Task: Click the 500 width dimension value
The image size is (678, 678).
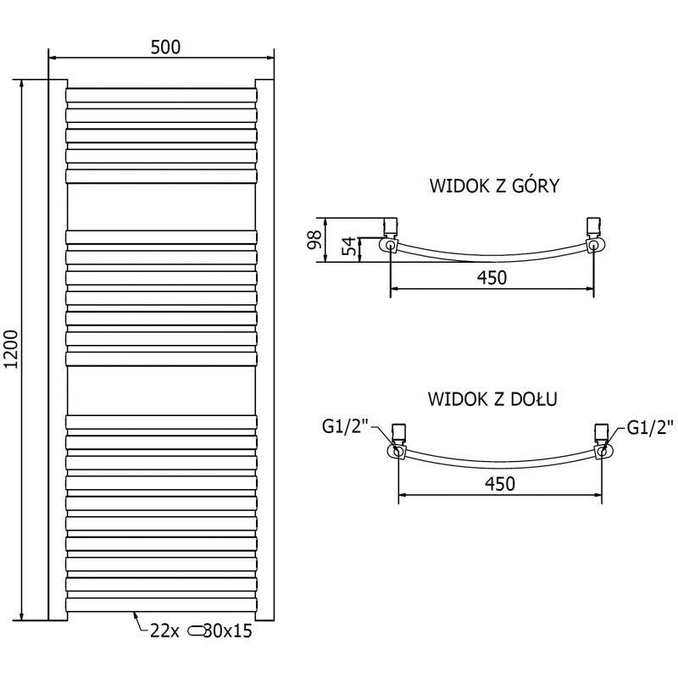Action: click(x=165, y=47)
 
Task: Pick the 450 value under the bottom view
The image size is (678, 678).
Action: click(x=499, y=483)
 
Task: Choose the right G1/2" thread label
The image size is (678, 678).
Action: click(x=650, y=427)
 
